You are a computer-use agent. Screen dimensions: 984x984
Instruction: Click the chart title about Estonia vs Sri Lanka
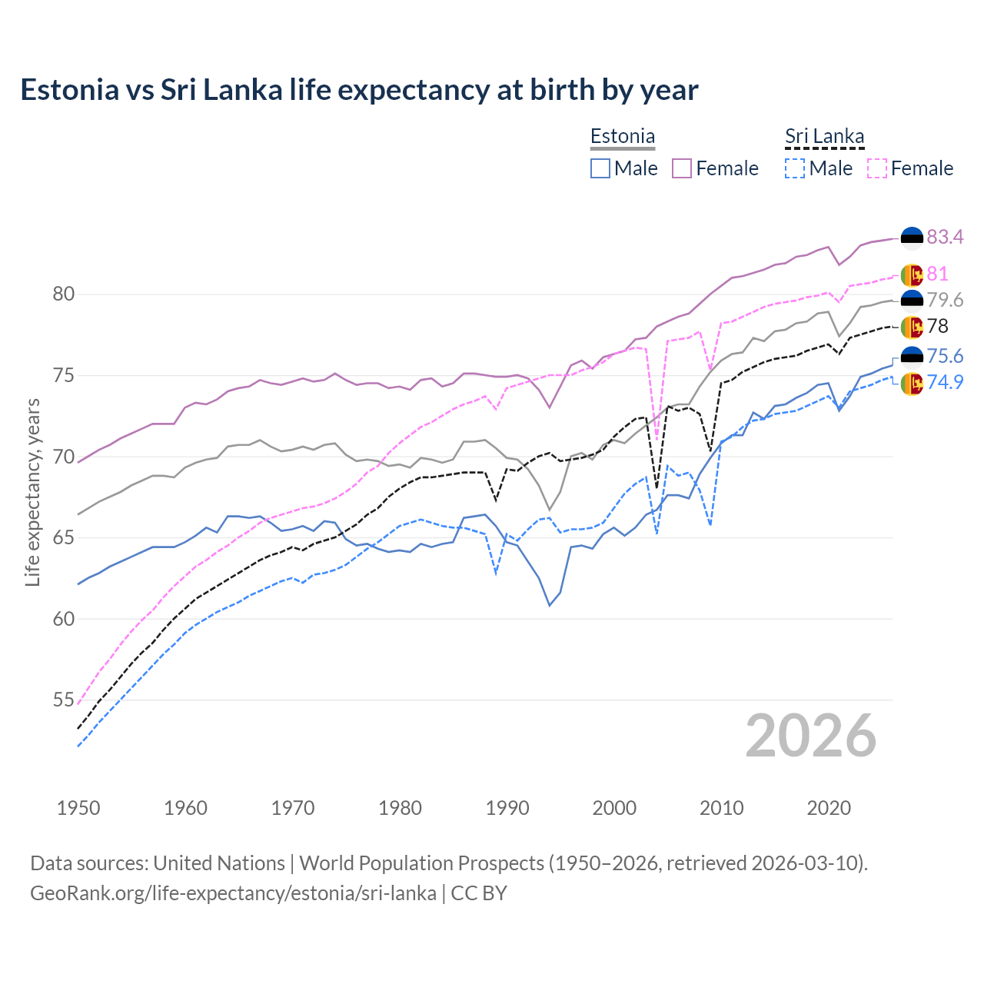point(359,90)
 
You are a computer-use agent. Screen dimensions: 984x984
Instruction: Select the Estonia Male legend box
point(600,168)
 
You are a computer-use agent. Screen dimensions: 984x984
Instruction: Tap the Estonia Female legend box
point(682,168)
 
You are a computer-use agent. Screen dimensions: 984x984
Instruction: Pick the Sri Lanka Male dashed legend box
point(795,168)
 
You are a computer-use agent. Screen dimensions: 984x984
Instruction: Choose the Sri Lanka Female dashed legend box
point(876,168)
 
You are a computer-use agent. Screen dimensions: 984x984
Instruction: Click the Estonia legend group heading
point(623,137)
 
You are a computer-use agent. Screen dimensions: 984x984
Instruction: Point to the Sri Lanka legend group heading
point(824,137)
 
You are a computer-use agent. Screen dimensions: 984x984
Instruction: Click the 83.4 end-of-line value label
point(945,237)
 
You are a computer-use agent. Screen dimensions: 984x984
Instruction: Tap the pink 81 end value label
point(937,274)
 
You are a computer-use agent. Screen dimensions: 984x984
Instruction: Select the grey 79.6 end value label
point(945,300)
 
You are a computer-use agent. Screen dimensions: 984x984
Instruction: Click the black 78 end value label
point(937,326)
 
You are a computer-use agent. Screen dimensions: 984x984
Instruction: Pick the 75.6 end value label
point(945,356)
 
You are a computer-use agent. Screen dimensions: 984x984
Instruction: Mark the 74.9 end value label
point(945,382)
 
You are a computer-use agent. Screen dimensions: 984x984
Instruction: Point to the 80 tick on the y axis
point(63,294)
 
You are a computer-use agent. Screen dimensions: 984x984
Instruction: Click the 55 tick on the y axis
point(63,700)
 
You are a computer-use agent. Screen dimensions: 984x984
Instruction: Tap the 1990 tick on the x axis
point(507,808)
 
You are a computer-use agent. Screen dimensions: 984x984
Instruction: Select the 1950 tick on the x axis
point(78,808)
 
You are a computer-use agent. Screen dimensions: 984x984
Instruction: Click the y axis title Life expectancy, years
point(33,492)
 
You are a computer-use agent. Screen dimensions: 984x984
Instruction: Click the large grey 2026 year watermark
point(810,736)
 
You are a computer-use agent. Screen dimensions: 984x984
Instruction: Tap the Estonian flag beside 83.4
point(912,238)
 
